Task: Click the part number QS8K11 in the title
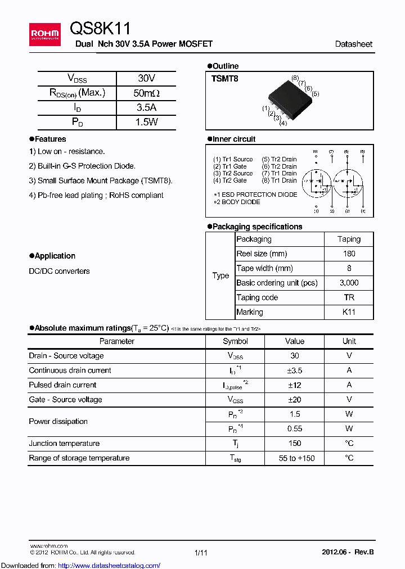[101, 29]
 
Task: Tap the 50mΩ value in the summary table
[146, 93]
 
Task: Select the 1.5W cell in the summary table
[146, 122]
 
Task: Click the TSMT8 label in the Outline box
[224, 79]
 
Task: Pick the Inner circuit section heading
[233, 139]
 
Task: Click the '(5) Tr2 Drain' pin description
[279, 159]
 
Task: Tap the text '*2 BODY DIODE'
[237, 202]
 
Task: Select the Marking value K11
[349, 312]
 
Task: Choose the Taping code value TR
[349, 297]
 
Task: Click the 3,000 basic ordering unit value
[349, 283]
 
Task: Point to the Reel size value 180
[349, 254]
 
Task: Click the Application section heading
[55, 256]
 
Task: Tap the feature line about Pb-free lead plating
[96, 195]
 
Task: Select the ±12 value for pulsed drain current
[295, 385]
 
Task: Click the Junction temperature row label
[64, 444]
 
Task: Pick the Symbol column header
[235, 341]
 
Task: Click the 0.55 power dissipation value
[295, 429]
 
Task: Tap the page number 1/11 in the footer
[201, 553]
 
